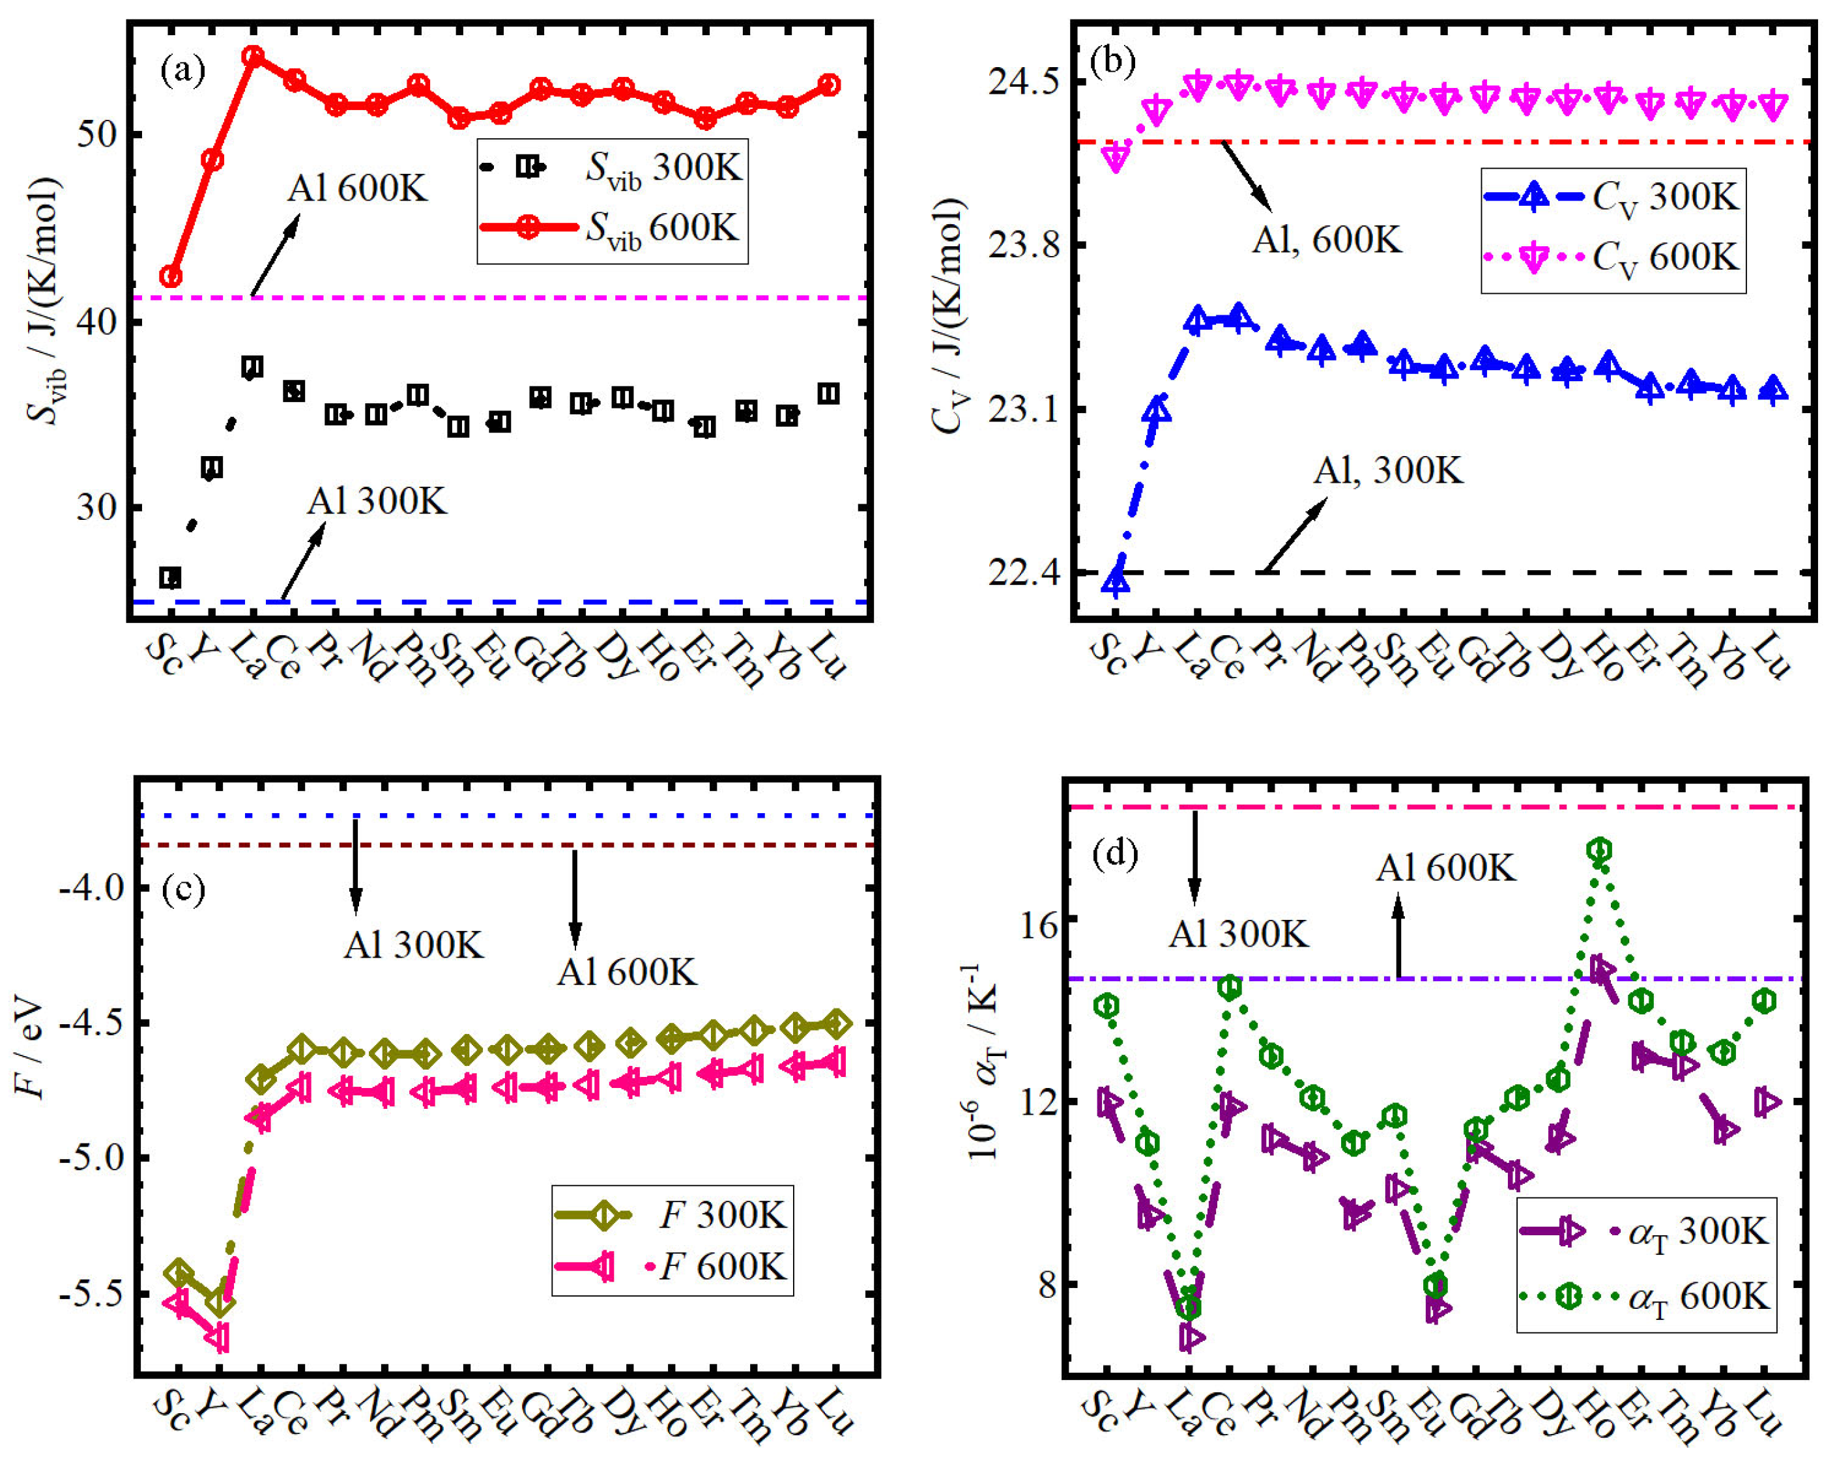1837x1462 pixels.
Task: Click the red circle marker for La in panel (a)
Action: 253,56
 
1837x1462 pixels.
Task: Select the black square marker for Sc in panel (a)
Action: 171,578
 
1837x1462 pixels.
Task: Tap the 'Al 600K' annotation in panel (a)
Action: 357,188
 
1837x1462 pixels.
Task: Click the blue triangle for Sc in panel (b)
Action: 1116,581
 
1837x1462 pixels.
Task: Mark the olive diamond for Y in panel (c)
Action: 219,1302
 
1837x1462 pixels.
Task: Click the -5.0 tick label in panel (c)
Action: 91,1158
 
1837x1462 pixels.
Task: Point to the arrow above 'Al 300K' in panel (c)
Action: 356,865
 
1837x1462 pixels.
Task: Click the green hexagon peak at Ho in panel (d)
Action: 1600,850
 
